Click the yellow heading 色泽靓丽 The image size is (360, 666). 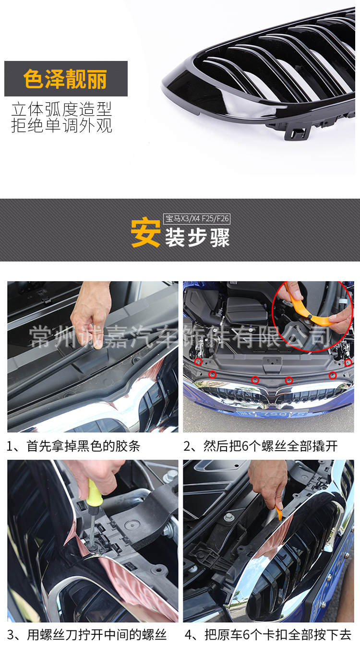(65, 79)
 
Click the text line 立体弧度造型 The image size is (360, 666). (61, 109)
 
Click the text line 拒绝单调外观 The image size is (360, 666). (61, 125)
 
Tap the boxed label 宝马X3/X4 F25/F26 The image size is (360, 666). (197, 219)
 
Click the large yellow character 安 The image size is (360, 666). (145, 233)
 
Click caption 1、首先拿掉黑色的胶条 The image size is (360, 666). (73, 446)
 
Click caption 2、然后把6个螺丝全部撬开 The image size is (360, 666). (261, 446)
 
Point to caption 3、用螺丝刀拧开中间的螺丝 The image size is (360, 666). (87, 635)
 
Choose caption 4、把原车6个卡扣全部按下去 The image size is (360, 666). (268, 635)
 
